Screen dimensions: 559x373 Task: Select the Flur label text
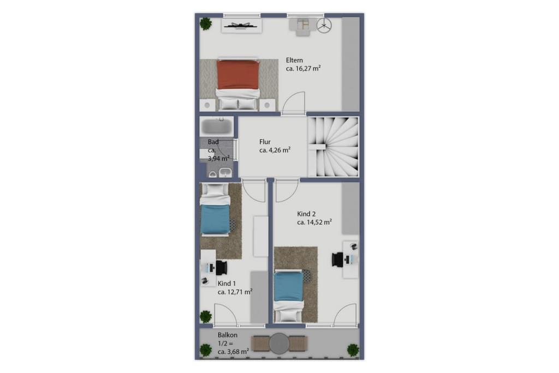(x=265, y=142)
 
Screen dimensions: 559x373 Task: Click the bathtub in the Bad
(x=216, y=125)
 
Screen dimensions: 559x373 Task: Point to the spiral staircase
(x=333, y=147)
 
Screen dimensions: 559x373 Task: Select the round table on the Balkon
(x=279, y=344)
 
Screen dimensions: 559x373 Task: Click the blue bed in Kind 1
(x=215, y=209)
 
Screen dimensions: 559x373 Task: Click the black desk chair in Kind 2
(x=337, y=259)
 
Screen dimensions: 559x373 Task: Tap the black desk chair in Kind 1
(x=221, y=268)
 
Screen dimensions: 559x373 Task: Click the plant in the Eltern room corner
(x=205, y=24)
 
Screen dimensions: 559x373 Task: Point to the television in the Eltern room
(x=242, y=25)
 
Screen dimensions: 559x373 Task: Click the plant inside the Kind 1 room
(x=206, y=316)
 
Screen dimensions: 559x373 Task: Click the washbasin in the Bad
(x=225, y=173)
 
